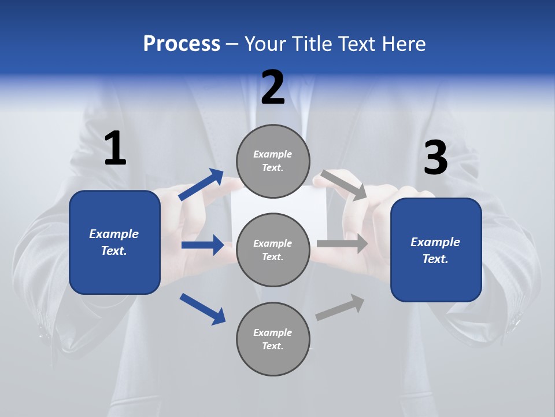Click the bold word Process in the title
pos(182,43)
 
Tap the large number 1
pos(115,148)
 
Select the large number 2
pos(273,87)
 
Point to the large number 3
pos(435,158)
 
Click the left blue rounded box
pos(114,242)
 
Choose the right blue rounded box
pos(436,250)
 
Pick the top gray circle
pos(273,161)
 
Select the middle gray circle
pos(273,250)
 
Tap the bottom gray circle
pos(273,339)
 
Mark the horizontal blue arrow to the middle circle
pos(202,245)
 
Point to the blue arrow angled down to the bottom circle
pos(202,309)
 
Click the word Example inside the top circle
pos(273,154)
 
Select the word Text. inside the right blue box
pos(435,259)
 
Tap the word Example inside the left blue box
pos(114,234)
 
